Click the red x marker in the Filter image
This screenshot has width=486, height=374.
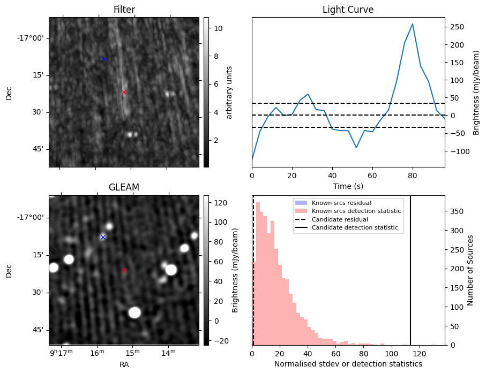pos(124,92)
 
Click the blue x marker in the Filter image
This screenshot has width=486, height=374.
pos(104,59)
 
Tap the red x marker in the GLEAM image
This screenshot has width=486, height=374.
pos(124,270)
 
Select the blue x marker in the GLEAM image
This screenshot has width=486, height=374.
pos(103,237)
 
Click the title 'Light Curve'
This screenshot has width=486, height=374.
pos(348,10)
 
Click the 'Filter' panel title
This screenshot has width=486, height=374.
pos(124,10)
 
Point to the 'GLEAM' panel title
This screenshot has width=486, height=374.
pos(124,187)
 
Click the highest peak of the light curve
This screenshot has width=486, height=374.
pos(412,24)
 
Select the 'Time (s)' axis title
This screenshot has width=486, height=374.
pos(348,185)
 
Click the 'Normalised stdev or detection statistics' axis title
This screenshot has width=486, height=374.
pos(348,364)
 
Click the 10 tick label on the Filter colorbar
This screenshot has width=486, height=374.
pos(214,28)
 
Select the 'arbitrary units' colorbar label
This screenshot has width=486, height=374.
pos(229,92)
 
